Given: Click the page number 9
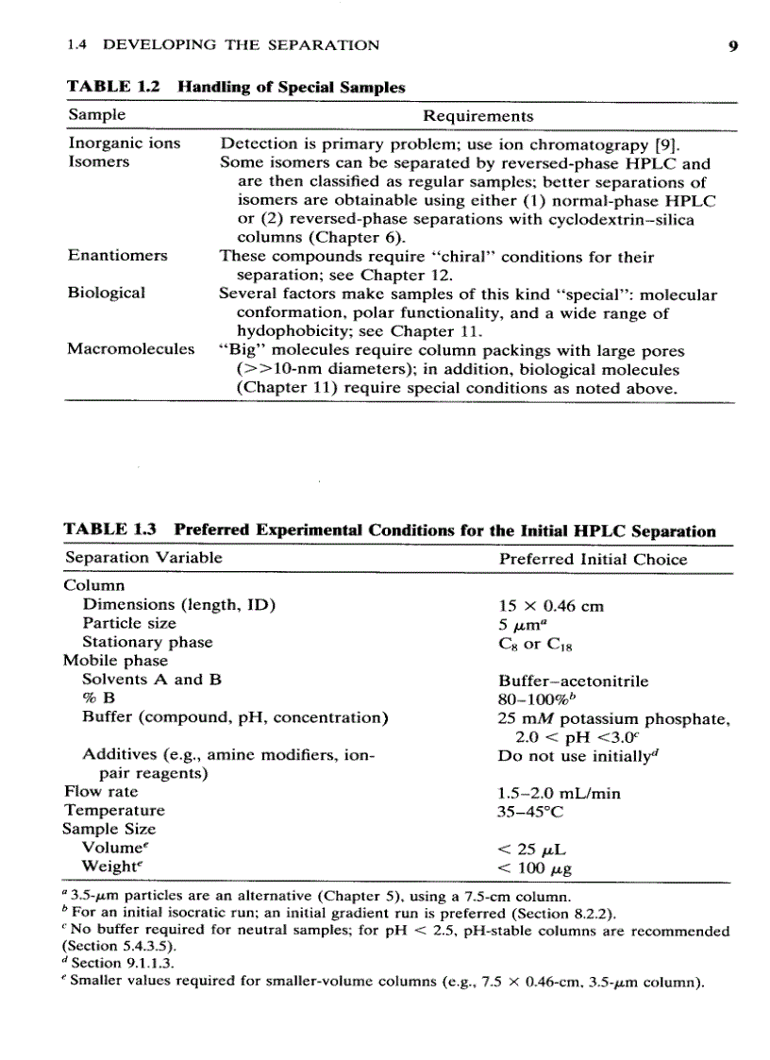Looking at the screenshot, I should coord(719,44).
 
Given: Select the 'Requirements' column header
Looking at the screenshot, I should coord(477,116).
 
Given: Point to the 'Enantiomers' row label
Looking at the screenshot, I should coord(117,256).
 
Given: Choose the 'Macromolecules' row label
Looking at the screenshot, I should coord(131,349).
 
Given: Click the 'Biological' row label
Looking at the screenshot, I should coord(107,293).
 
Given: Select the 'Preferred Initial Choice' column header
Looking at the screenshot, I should coord(593,559).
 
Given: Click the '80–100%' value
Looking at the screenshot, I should coord(535,699).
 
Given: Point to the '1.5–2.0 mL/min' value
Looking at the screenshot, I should coord(559,793).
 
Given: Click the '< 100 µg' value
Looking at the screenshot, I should coord(536,867).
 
